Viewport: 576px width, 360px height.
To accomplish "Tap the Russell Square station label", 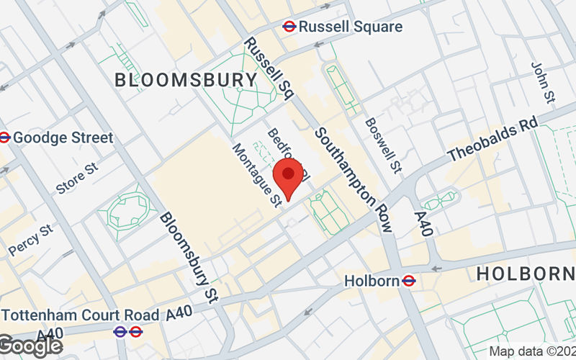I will (350, 27).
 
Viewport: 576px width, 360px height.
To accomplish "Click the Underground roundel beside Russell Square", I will (289, 26).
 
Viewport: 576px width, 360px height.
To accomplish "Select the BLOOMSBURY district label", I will (186, 80).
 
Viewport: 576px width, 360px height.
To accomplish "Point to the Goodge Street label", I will (63, 137).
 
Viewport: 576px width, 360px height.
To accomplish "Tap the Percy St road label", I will (32, 240).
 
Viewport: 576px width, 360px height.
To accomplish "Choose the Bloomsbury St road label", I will (189, 256).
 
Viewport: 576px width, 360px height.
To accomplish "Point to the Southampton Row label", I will (354, 180).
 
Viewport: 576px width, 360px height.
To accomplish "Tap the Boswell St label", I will (382, 145).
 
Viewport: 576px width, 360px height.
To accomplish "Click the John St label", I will (541, 80).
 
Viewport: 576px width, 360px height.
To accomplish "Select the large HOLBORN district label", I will (526, 274).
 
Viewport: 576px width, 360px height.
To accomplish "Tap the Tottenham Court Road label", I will (81, 315).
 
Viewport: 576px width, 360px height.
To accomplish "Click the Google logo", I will (30, 346).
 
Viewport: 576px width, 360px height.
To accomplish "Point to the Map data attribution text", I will (532, 352).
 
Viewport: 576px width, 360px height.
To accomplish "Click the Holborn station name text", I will (371, 280).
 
